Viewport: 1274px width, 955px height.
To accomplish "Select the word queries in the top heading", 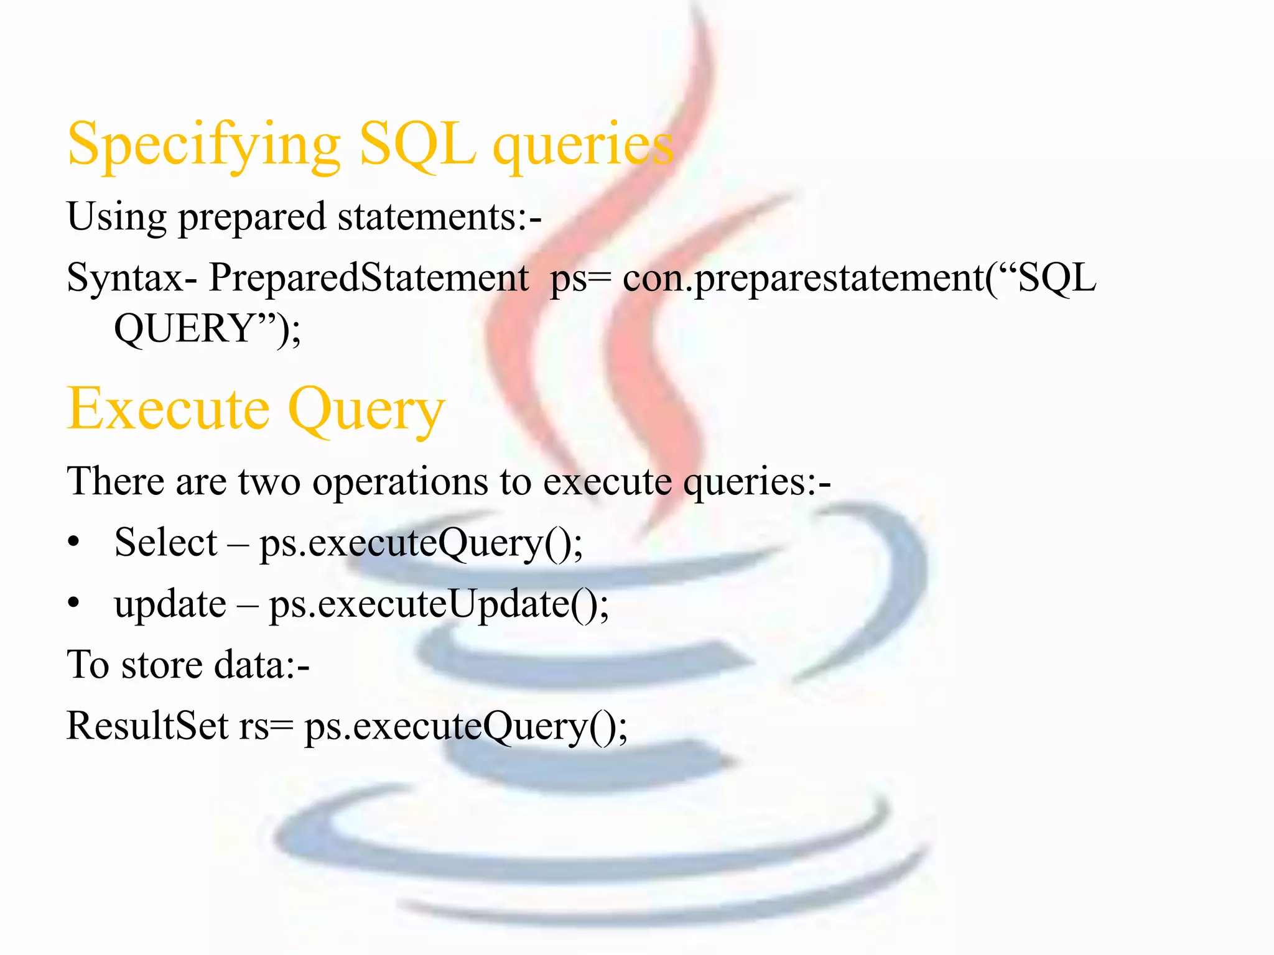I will point(583,145).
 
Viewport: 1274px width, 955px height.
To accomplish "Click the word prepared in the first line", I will point(252,218).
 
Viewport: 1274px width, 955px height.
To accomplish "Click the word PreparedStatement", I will point(368,277).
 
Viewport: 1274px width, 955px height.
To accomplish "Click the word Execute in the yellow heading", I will point(168,408).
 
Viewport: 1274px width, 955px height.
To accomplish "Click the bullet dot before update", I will point(74,603).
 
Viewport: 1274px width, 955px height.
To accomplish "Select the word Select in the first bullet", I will point(165,542).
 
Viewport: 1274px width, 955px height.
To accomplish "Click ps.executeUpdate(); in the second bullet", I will point(439,604).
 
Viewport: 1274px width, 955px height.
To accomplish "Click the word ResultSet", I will point(147,726).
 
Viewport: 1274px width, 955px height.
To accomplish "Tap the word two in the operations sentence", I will point(269,482).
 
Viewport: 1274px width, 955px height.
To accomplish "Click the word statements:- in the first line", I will point(439,217).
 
